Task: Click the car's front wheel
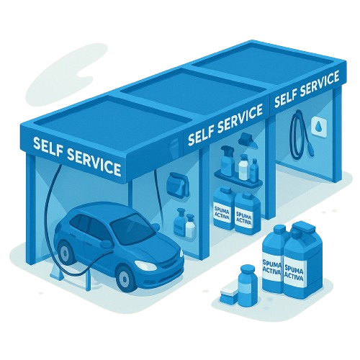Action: tap(124, 278)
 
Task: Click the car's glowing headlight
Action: tap(143, 265)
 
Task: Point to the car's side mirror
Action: tap(106, 244)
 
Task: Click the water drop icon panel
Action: tap(319, 127)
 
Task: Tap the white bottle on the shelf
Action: tap(243, 168)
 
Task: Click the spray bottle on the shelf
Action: tap(228, 161)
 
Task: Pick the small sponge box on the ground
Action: tap(229, 294)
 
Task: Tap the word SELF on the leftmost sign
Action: tap(48, 145)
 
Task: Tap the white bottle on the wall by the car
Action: tap(190, 226)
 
